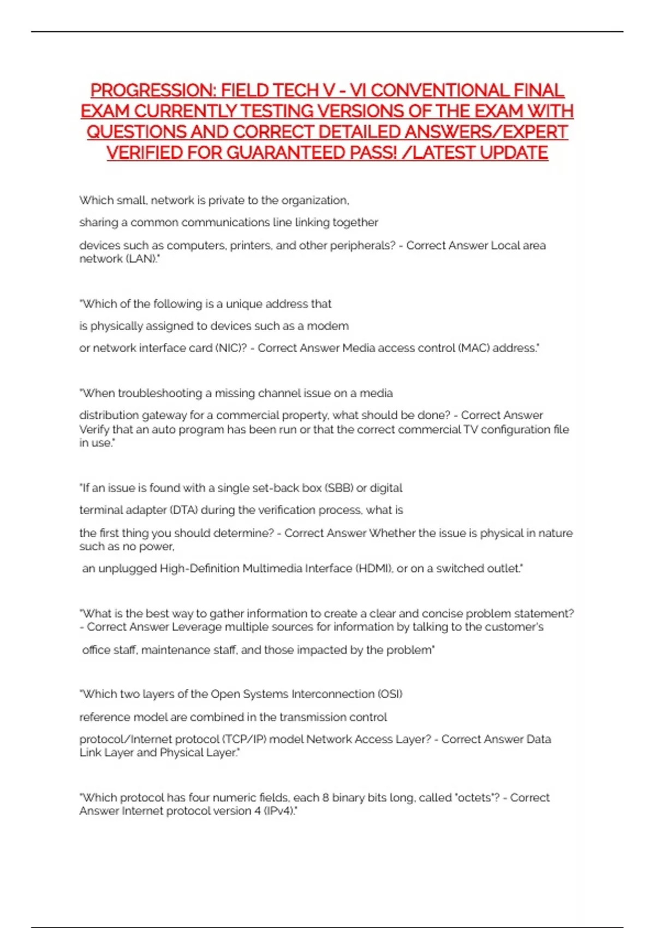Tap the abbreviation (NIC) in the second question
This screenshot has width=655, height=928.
click(231, 348)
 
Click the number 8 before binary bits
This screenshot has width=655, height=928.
click(325, 798)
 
